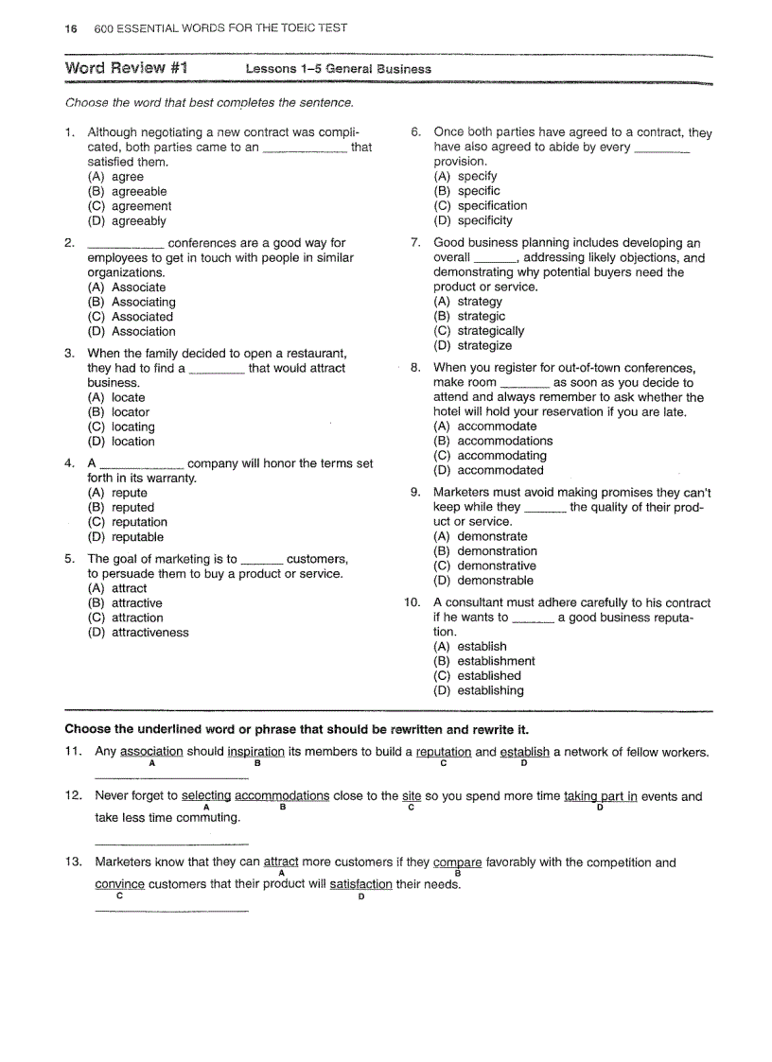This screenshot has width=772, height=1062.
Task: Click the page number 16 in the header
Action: pos(70,28)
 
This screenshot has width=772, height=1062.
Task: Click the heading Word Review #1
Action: pos(126,68)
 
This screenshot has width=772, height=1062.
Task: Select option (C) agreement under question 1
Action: pos(130,206)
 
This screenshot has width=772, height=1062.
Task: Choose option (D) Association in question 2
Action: pos(132,332)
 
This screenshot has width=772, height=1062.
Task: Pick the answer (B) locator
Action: pos(118,412)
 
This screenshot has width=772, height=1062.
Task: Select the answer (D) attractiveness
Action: pos(138,633)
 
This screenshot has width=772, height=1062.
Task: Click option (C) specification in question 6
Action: pos(481,206)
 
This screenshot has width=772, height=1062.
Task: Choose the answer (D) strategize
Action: pos(472,346)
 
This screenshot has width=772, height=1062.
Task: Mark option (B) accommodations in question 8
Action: pos(493,441)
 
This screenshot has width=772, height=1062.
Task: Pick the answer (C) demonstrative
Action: pos(484,566)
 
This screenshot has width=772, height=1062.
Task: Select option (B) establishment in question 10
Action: pos(483,662)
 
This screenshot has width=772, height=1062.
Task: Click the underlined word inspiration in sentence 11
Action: pos(255,753)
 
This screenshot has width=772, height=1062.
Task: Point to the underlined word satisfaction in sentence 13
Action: pos(360,885)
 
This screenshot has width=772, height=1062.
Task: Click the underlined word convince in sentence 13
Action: pos(119,885)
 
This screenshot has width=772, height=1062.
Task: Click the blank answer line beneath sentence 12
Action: pos(171,843)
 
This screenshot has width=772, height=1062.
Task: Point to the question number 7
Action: pos(415,243)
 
